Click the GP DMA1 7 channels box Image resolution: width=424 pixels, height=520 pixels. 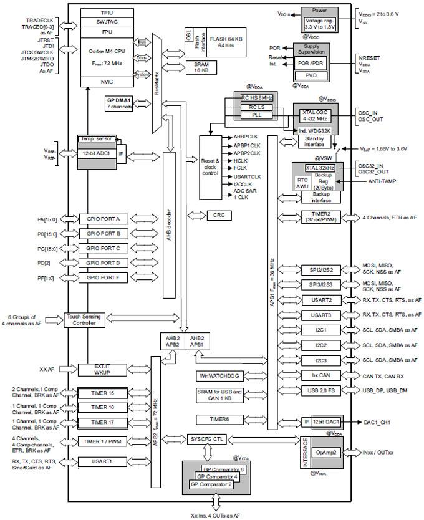119,103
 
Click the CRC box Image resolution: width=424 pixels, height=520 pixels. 218,215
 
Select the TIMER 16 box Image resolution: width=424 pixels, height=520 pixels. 103,407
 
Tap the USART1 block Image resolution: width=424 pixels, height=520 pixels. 103,462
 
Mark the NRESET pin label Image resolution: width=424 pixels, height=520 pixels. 370,57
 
